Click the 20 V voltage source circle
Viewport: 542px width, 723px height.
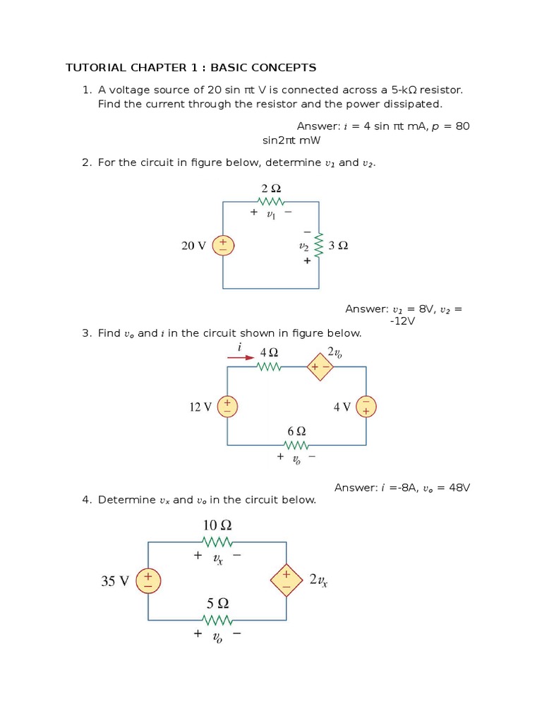(223, 246)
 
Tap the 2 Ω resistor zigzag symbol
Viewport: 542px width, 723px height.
(271, 202)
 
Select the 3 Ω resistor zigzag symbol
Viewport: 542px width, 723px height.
(318, 246)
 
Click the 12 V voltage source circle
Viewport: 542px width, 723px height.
(227, 406)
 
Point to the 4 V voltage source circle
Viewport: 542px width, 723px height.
(366, 406)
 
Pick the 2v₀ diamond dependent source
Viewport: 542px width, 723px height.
(320, 366)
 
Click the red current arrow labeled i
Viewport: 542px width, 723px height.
(241, 357)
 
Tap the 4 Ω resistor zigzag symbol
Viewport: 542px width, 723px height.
(269, 366)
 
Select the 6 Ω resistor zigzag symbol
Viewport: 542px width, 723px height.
(296, 445)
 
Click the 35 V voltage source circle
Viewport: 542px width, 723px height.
(148, 580)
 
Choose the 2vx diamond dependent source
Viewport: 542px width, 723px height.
(286, 580)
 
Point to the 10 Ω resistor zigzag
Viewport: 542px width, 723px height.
(217, 542)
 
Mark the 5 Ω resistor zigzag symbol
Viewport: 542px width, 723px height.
(217, 620)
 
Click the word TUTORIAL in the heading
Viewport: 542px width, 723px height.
(95, 68)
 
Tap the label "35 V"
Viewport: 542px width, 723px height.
(116, 581)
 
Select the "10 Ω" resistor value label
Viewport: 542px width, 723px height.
(217, 525)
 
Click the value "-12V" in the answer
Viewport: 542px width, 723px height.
(402, 321)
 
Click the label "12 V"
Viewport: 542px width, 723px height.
(200, 407)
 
